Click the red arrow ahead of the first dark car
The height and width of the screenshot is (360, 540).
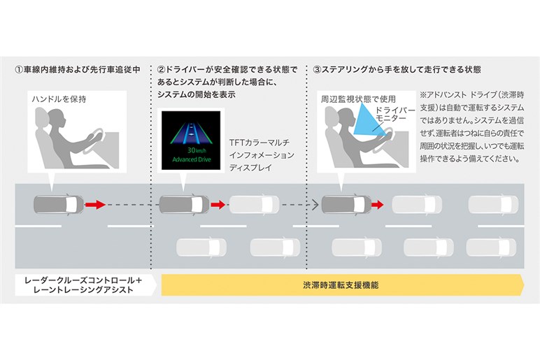pos(95,205)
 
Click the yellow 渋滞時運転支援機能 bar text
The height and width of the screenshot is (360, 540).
pos(341,285)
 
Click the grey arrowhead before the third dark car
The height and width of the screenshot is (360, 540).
pos(315,205)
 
